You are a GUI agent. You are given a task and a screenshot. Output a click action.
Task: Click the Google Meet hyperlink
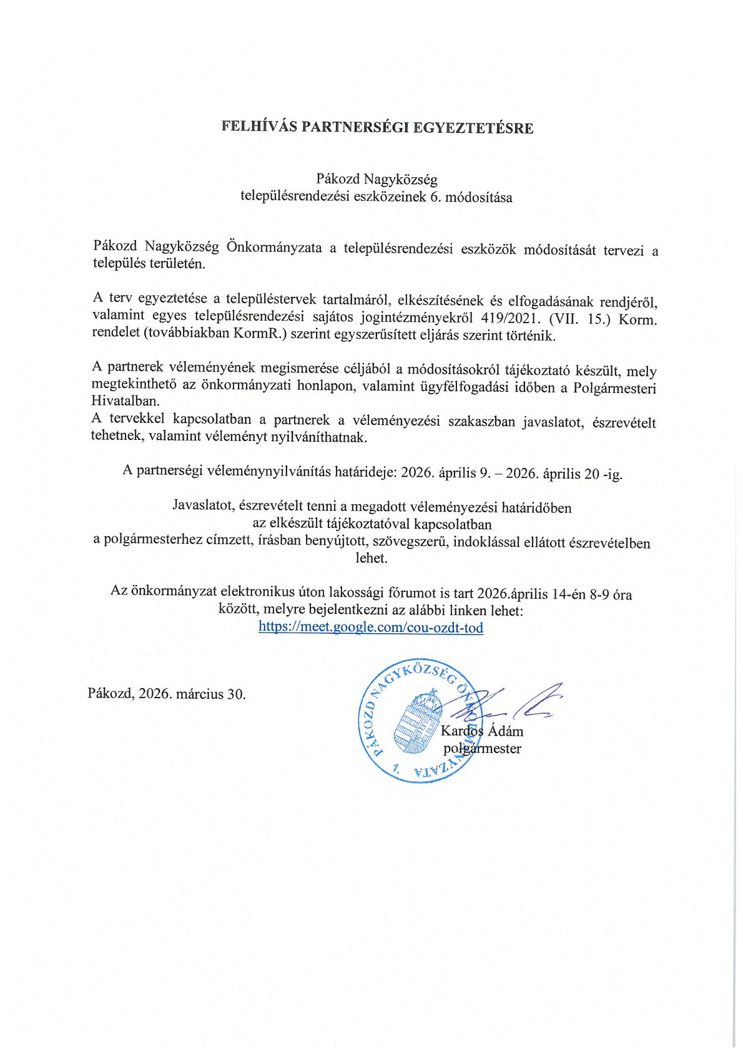click(371, 627)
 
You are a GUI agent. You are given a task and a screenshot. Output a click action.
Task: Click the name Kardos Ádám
click(482, 731)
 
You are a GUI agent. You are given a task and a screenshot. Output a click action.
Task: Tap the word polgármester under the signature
click(482, 749)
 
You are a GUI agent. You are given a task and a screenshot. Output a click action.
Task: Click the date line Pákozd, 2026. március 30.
click(167, 694)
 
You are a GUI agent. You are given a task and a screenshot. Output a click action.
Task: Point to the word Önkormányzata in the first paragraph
click(274, 248)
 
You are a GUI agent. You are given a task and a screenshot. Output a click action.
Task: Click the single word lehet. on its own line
click(371, 558)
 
